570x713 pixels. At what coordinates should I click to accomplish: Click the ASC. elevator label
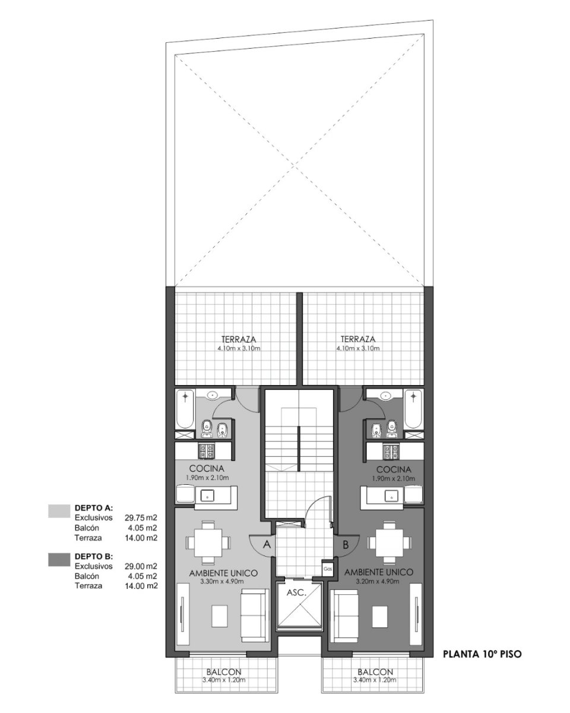coord(296,593)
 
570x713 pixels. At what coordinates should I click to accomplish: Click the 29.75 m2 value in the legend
coord(141,517)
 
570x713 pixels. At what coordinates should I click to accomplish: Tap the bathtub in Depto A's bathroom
coord(185,409)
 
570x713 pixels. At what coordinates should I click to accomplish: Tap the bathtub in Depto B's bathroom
coord(413,409)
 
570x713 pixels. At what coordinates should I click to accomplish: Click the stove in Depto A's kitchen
coord(207,451)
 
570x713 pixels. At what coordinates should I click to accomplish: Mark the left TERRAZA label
coord(239,339)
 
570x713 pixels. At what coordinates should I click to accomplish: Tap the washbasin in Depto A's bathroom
coord(211,395)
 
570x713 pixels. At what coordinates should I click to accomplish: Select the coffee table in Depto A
coord(219,616)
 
